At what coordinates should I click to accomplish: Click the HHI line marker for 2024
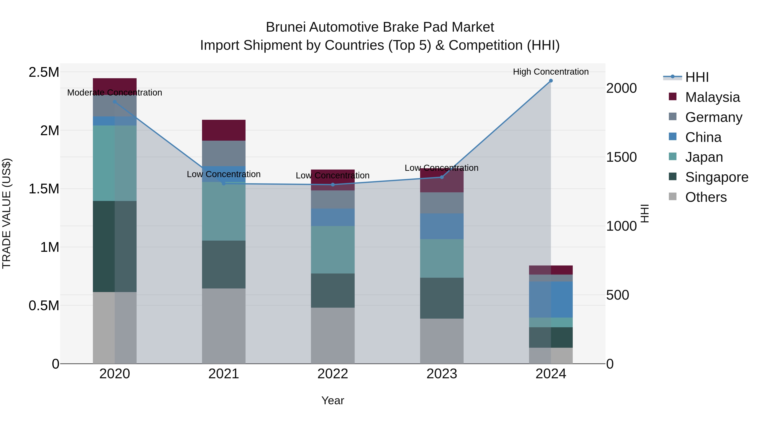pyautogui.click(x=551, y=81)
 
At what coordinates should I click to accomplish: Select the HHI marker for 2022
pyautogui.click(x=333, y=185)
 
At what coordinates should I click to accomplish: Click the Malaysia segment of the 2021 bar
pyautogui.click(x=224, y=130)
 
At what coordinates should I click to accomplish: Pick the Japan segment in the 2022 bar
pyautogui.click(x=333, y=250)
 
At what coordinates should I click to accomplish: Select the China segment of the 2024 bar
pyautogui.click(x=551, y=299)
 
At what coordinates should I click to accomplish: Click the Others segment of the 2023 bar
pyautogui.click(x=442, y=341)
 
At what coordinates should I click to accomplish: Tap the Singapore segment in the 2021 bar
pyautogui.click(x=224, y=264)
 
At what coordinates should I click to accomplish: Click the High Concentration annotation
pyautogui.click(x=551, y=72)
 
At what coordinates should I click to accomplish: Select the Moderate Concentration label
pyautogui.click(x=115, y=93)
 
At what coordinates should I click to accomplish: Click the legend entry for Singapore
pyautogui.click(x=717, y=177)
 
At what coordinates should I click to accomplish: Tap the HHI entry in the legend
pyautogui.click(x=697, y=77)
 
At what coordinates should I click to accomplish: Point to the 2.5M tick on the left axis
pyautogui.click(x=44, y=72)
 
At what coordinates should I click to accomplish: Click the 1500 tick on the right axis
pyautogui.click(x=621, y=157)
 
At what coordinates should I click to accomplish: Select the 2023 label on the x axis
pyautogui.click(x=442, y=374)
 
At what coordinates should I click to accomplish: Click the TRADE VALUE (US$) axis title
pyautogui.click(x=7, y=213)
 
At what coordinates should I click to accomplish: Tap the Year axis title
pyautogui.click(x=333, y=400)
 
